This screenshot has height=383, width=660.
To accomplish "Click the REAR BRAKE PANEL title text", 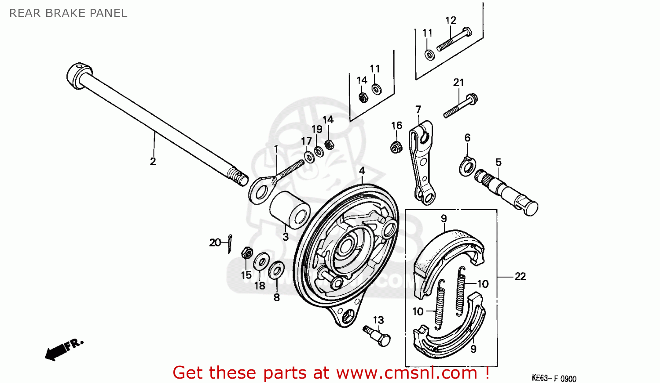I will [68, 13].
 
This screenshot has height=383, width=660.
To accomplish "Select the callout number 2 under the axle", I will [153, 162].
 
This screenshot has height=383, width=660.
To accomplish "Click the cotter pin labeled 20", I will [230, 244].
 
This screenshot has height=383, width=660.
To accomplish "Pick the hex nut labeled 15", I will [247, 253].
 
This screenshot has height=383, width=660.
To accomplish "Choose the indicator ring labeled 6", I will [467, 166].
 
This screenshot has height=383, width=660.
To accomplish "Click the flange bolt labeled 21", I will [461, 106].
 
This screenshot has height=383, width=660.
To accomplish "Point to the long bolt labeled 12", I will [454, 40].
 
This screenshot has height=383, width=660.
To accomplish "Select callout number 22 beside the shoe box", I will [520, 277].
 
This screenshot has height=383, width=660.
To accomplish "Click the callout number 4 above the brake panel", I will [362, 170].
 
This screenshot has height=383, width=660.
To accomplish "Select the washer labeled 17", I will [309, 156].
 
